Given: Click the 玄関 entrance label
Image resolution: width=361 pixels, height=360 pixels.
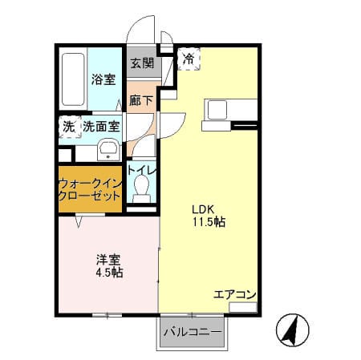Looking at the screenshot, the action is pos(142,63).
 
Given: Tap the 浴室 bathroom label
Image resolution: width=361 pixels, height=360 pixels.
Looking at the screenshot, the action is pos(103,79).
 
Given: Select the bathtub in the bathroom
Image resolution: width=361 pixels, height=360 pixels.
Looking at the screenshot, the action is pos(73,79).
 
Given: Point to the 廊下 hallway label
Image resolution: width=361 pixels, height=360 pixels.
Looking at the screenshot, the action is pos(141,100).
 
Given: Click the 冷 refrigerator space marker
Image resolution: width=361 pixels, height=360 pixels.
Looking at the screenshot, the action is pos(189,59).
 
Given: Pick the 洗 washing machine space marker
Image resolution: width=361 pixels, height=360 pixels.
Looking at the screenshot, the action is pos(69,127).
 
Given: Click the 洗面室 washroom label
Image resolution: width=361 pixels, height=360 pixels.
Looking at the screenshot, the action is pos(101,127).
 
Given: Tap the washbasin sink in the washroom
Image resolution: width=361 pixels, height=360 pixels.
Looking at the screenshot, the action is pos(108,150).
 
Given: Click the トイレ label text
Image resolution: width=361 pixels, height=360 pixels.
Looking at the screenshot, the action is pos(142,170).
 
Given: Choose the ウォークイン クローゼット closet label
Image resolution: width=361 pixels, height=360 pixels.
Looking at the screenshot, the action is pos(90,190).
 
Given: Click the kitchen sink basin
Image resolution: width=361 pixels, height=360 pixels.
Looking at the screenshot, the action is pos(217,110).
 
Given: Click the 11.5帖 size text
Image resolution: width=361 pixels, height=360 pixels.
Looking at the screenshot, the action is pos(209,222).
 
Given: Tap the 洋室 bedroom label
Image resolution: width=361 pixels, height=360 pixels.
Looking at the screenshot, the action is pos(108,260).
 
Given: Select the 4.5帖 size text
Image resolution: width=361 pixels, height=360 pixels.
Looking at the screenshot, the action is pos(109,273).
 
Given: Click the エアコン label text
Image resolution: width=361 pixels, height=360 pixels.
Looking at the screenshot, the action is pos(235,295).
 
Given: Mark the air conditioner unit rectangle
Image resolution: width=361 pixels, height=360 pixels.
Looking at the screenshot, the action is pos(243,307).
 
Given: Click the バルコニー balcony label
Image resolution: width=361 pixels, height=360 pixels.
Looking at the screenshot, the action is pos(193,332).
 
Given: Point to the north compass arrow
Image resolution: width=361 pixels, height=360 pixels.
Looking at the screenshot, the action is pos(291,330).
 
